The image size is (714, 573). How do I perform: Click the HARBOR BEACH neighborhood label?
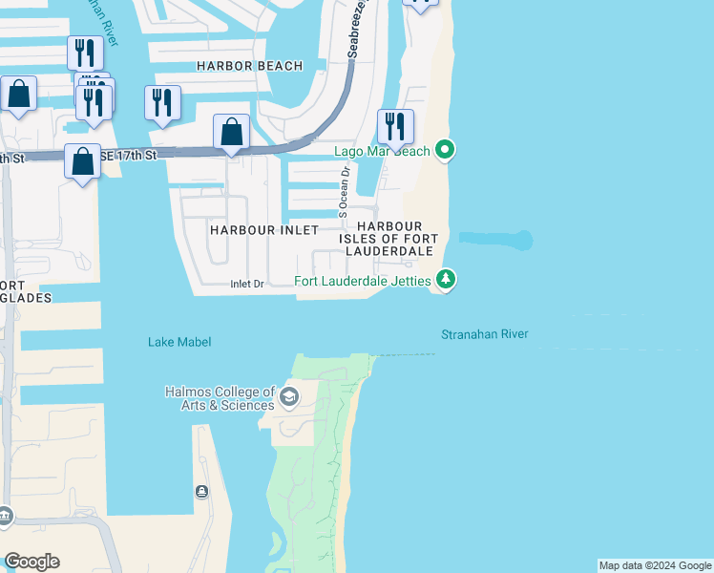pos(249,66)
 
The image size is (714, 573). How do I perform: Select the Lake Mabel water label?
pos(179,342)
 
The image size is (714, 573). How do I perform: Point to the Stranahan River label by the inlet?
pos(484,335)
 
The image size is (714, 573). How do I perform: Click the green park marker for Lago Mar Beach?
pos(444,150)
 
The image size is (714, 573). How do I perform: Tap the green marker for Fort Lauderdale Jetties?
pos(445,280)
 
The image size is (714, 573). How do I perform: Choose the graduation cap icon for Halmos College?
pos(289,398)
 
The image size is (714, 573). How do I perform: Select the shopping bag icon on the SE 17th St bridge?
pos(231,133)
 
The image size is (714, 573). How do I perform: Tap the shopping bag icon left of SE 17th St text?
pos(83,161)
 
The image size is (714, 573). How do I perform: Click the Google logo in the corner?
pos(31,562)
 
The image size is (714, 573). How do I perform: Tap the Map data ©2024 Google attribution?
pos(655,565)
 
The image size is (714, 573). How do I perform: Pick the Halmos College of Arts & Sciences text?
pos(220,398)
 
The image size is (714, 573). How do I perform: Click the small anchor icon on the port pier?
pos(201,492)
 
